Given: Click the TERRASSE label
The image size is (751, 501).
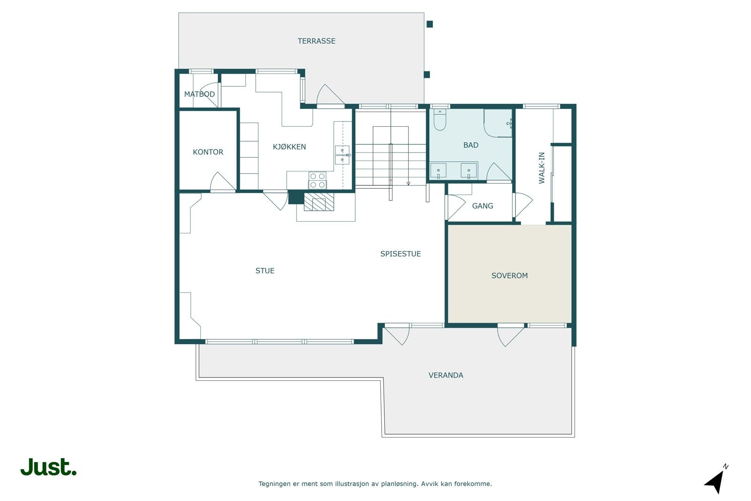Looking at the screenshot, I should [x=316, y=41].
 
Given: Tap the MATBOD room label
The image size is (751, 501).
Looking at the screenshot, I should [x=199, y=94].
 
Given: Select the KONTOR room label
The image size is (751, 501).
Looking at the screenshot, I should [x=208, y=152].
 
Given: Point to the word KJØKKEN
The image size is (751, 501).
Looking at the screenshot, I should [x=289, y=147].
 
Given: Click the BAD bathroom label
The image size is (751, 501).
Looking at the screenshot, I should [x=470, y=145].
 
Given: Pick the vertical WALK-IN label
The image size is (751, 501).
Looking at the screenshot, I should [x=542, y=168].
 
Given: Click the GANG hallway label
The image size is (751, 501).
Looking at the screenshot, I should [x=483, y=206].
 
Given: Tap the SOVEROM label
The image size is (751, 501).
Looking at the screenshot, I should [x=509, y=276].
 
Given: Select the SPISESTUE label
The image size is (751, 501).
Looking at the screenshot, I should [x=400, y=254].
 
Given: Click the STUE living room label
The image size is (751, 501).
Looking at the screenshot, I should [x=265, y=270].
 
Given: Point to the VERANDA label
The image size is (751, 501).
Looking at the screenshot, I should [x=445, y=375].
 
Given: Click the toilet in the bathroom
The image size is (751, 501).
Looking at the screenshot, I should [x=440, y=120].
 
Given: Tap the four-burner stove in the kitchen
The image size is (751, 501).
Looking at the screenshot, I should [x=317, y=180].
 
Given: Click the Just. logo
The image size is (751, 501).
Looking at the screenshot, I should [x=48, y=467].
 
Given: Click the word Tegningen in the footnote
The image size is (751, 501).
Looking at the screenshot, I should [x=275, y=484].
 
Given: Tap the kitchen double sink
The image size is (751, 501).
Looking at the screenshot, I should [x=342, y=155].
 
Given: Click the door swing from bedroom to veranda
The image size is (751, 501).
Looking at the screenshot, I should [x=510, y=335].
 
